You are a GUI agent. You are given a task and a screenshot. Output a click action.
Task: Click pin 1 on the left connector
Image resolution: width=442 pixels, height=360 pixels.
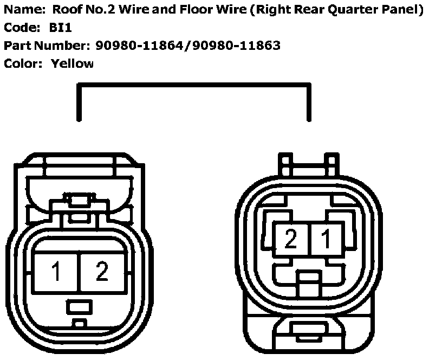pyautogui.click(x=56, y=271)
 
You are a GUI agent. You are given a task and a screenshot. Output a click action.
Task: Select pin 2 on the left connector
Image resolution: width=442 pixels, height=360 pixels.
pyautogui.click(x=102, y=271)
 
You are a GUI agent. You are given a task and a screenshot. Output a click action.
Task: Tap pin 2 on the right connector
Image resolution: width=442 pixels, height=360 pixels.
pyautogui.click(x=291, y=239)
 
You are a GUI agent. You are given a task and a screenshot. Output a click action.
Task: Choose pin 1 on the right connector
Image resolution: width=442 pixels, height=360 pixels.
pyautogui.click(x=326, y=239)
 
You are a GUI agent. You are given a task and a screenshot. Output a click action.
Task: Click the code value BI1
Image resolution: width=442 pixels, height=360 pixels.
pyautogui.click(x=61, y=28)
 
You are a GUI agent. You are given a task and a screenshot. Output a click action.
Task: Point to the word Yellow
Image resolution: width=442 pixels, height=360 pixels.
pyautogui.click(x=72, y=63)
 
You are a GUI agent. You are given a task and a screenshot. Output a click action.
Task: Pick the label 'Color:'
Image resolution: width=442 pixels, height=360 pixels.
pyautogui.click(x=23, y=63)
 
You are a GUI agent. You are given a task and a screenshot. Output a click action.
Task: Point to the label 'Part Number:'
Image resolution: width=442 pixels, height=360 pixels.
pyautogui.click(x=47, y=46)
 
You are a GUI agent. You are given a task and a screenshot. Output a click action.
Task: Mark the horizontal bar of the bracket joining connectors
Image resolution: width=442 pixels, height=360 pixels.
pyautogui.click(x=194, y=85)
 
